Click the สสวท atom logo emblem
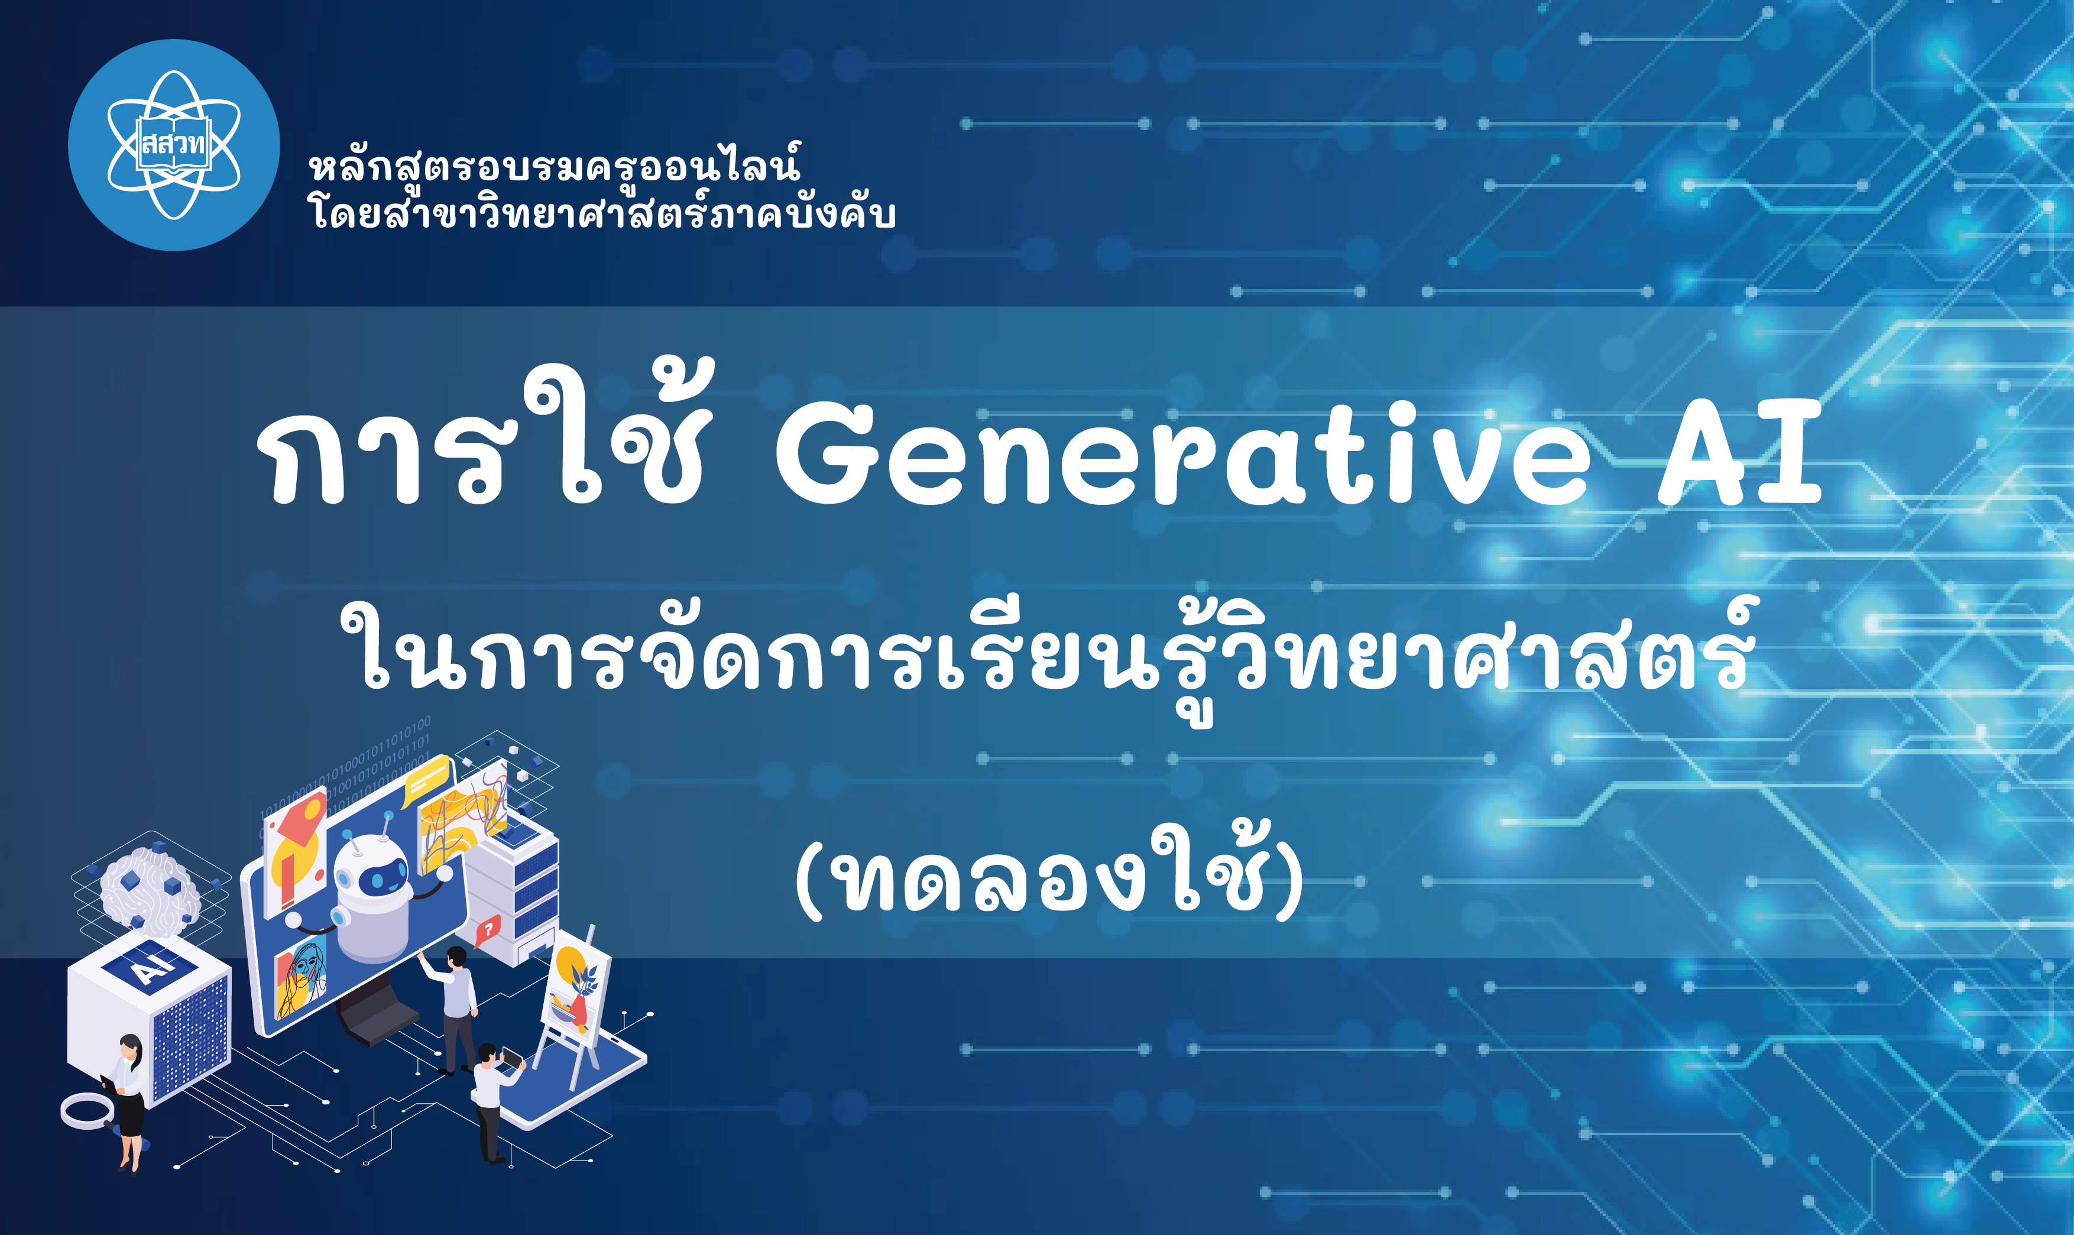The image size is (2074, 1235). coord(174,145)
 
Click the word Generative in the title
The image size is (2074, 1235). coord(1182,456)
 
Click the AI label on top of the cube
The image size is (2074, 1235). coord(150,965)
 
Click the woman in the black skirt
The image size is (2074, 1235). coord(129,1098)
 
